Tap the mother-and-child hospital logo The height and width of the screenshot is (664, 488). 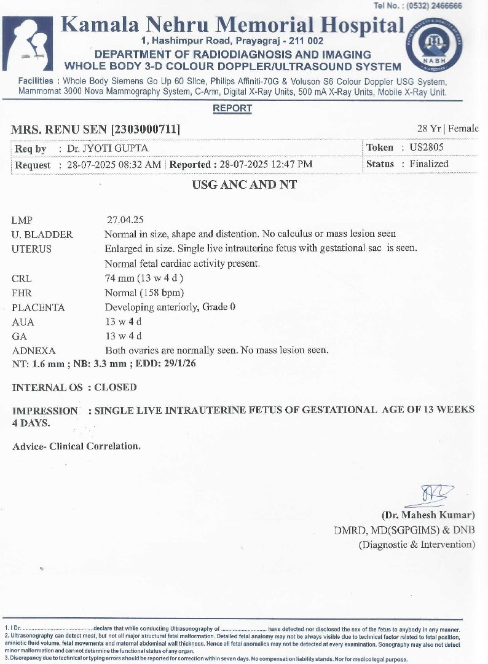pos(28,44)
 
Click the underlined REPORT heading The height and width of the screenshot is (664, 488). pos(232,108)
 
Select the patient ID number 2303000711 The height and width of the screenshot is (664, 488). pos(145,129)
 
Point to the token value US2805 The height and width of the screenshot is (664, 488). pos(427,148)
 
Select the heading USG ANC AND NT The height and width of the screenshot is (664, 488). pos(244,184)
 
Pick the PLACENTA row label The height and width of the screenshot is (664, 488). pos(38,307)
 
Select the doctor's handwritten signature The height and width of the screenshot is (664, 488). pos(437,494)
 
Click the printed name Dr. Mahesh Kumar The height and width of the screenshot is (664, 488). pos(428,515)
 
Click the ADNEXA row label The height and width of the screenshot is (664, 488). pos(34,350)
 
